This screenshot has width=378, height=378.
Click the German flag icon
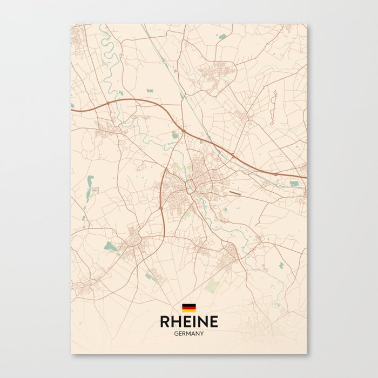point(188,308)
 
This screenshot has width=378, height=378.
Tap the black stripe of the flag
point(188,305)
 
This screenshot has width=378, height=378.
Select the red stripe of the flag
point(188,308)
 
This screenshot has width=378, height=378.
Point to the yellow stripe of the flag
point(188,310)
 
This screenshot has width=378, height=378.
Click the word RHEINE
point(189,322)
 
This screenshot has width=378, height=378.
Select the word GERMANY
point(189,334)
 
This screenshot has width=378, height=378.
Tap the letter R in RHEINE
point(165,322)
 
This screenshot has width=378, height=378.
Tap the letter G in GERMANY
point(176,334)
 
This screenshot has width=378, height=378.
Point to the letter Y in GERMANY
point(202,334)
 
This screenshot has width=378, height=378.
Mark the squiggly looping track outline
point(273,108)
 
